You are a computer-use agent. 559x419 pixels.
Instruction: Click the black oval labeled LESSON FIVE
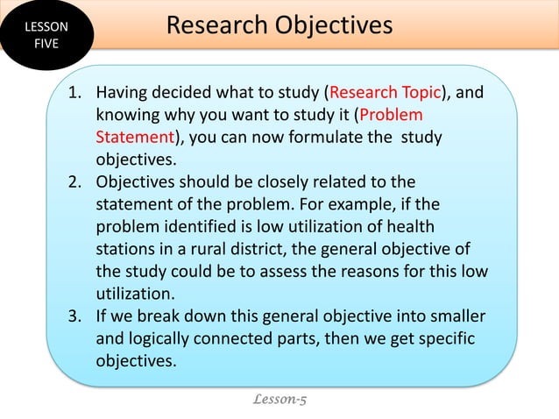(44, 35)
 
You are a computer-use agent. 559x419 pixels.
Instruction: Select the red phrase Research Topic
(383, 92)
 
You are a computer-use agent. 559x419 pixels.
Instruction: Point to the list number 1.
(75, 92)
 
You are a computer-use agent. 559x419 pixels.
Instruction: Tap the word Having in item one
(122, 92)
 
